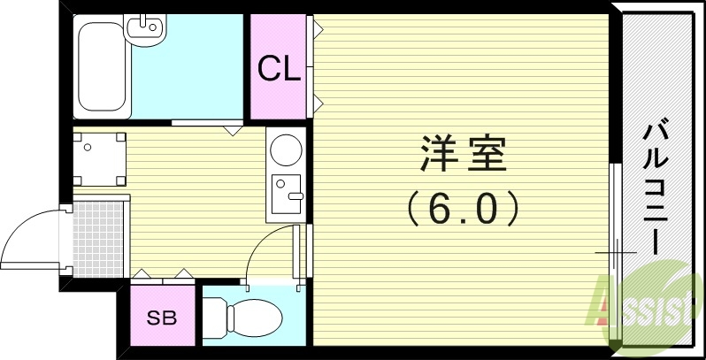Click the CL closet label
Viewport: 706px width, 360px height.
(277, 69)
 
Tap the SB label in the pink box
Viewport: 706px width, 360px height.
(160, 317)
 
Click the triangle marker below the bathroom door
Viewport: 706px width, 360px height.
(234, 130)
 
